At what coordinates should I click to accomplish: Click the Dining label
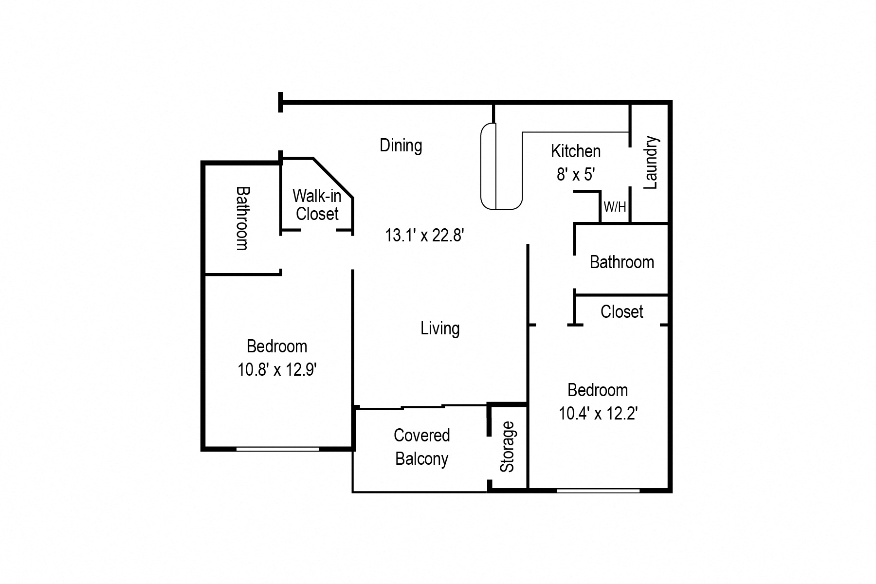[401, 146]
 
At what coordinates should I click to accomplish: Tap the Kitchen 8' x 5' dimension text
[576, 174]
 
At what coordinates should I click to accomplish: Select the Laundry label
[651, 163]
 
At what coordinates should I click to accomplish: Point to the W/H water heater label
[615, 207]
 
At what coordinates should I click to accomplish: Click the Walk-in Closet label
[317, 205]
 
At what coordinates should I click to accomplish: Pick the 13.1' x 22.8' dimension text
[424, 236]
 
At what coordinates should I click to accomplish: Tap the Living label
[440, 328]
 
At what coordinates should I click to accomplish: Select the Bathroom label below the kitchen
[621, 262]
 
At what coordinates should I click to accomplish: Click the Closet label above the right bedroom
[621, 311]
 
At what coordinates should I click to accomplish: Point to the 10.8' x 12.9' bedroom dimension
[277, 370]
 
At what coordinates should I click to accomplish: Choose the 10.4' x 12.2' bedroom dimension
[598, 414]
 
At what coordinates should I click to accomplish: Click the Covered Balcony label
[421, 447]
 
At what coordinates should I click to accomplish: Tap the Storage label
[507, 447]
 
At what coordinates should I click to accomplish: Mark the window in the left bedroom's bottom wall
[277, 449]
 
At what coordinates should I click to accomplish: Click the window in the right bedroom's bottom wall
[598, 491]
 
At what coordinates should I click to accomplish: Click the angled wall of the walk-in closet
[333, 178]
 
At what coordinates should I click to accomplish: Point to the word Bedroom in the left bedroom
[277, 347]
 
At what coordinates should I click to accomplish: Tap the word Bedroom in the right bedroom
[598, 390]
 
